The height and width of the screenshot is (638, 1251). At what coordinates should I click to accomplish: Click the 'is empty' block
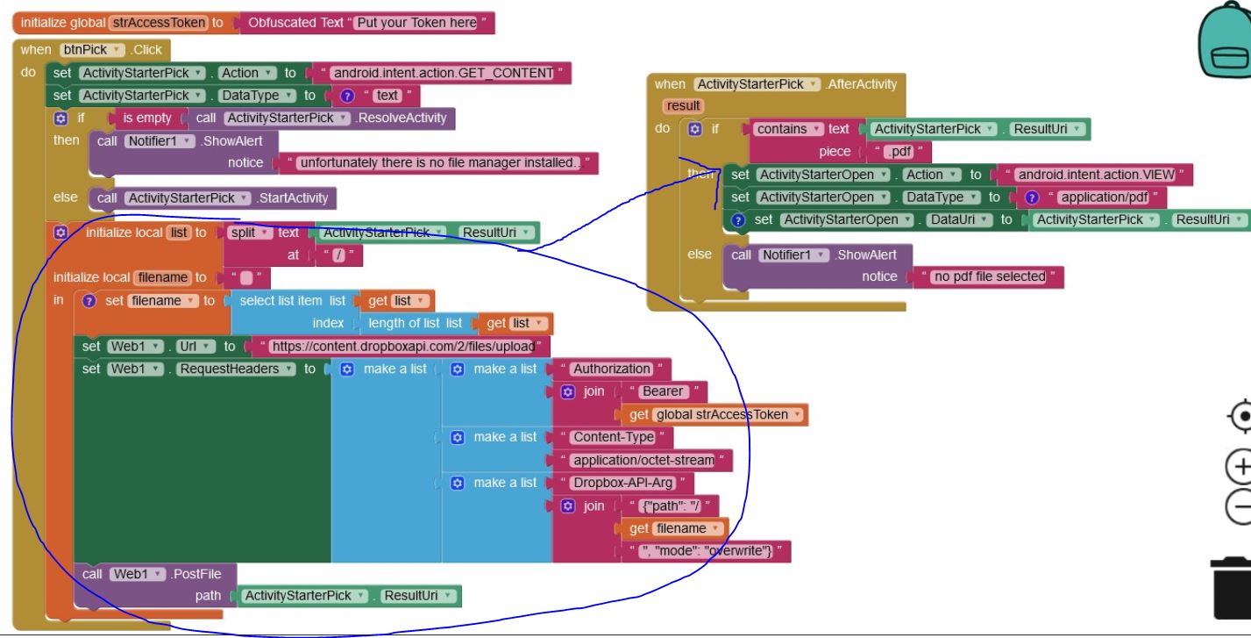pyautogui.click(x=145, y=118)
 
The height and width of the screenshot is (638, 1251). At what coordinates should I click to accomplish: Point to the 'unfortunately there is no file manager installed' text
pyautogui.click(x=439, y=162)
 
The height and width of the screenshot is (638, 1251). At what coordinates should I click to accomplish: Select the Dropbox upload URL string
pyautogui.click(x=402, y=346)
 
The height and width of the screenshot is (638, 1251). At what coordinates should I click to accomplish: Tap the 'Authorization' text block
pyautogui.click(x=611, y=369)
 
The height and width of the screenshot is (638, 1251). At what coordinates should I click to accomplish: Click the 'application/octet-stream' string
pyautogui.click(x=643, y=460)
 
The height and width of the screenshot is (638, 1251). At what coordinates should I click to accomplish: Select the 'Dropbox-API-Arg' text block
pyautogui.click(x=622, y=483)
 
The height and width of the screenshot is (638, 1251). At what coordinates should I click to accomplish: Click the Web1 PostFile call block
pyautogui.click(x=152, y=574)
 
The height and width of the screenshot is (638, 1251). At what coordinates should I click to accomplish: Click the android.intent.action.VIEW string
pyautogui.click(x=1095, y=175)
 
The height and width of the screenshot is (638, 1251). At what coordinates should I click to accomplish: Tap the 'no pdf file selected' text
pyautogui.click(x=989, y=276)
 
